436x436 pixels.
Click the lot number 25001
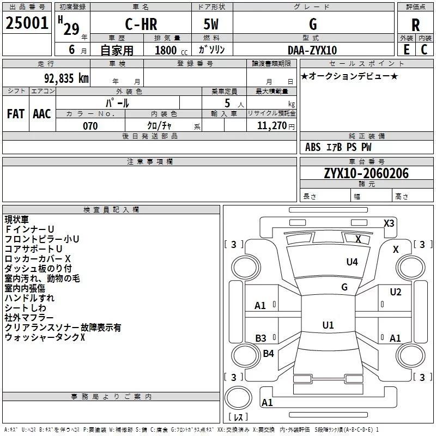(27, 23)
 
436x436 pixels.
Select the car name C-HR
(141, 24)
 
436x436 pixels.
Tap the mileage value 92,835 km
(66, 78)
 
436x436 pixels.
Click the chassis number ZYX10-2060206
(366, 173)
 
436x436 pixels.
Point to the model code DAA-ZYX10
(312, 50)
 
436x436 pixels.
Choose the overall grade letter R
(415, 25)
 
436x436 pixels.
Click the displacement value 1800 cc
(171, 50)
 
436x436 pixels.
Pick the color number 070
(90, 126)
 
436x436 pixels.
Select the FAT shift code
(16, 114)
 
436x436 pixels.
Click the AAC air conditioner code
(42, 114)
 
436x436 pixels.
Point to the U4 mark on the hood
(352, 262)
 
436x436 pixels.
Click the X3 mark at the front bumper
(389, 223)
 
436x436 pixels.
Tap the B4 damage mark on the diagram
(268, 353)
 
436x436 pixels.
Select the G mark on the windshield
(344, 287)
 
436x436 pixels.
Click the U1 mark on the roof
(328, 325)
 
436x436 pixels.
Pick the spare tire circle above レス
(238, 398)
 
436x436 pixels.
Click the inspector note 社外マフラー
(29, 318)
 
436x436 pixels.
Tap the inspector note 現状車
(17, 220)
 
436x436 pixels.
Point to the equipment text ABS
(313, 147)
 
